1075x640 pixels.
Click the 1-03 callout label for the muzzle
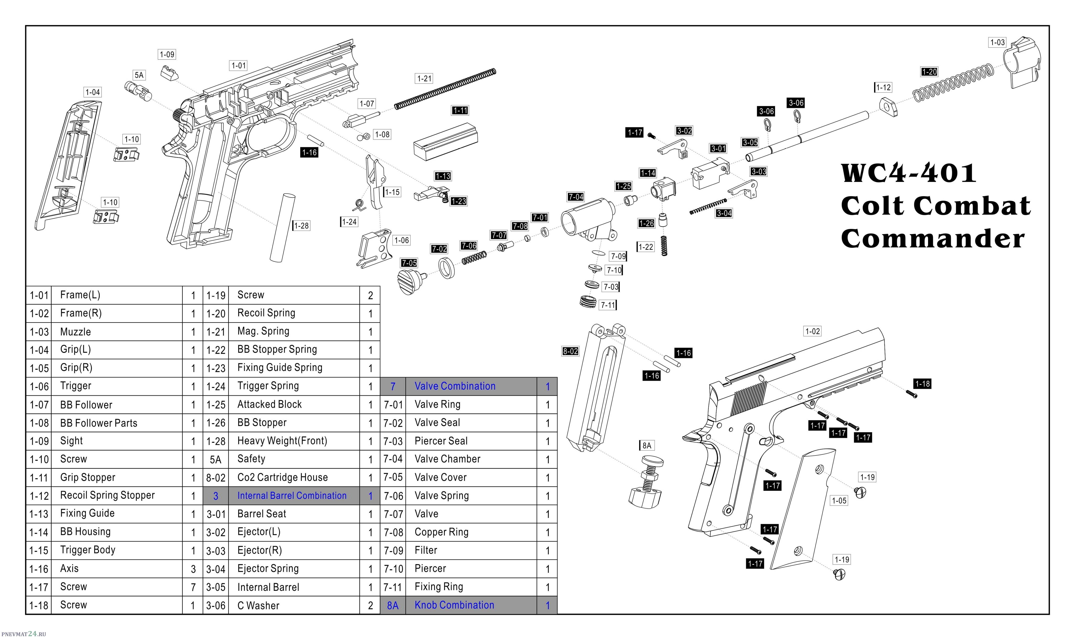tap(997, 42)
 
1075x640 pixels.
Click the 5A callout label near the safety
tap(139, 75)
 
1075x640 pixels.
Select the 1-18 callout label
tap(922, 383)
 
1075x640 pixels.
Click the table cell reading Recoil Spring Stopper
tap(107, 495)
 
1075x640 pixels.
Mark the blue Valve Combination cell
tap(455, 386)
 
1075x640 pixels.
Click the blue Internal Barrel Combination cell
tap(292, 495)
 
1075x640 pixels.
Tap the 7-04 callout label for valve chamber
tap(575, 197)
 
